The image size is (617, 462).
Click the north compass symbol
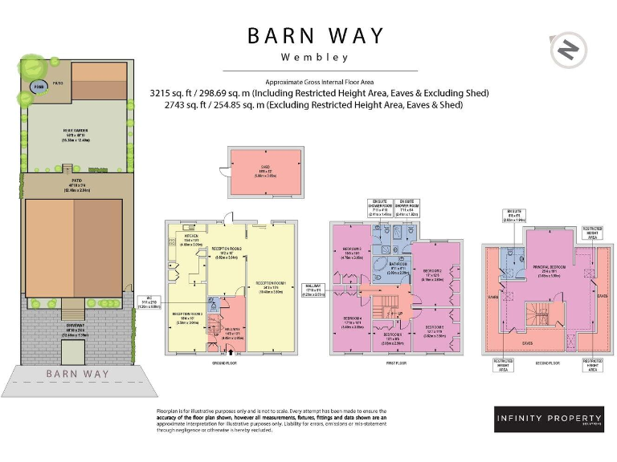(x=567, y=50)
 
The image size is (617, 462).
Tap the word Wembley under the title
(x=315, y=58)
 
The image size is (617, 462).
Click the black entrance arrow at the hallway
(x=232, y=351)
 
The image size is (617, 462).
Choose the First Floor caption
(x=394, y=363)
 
